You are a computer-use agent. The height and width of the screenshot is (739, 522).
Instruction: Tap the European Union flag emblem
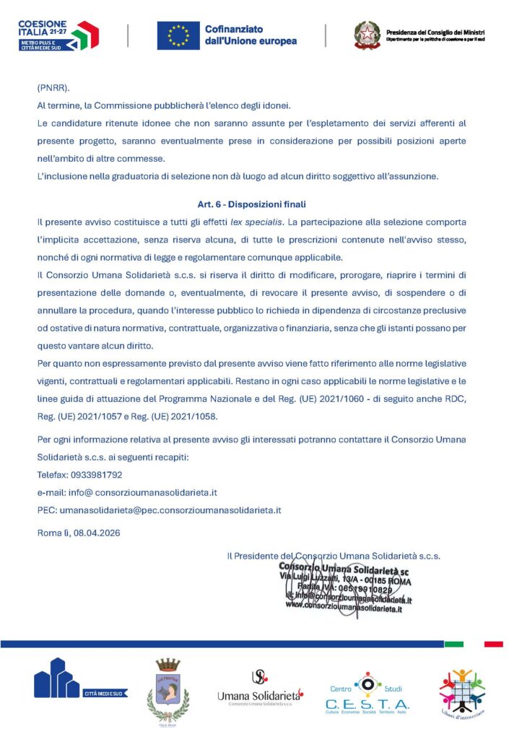pos(178,35)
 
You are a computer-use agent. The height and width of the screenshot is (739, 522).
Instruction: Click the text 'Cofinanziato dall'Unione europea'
pos(251,35)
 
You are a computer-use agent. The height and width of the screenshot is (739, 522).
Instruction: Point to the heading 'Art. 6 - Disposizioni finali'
pos(251,204)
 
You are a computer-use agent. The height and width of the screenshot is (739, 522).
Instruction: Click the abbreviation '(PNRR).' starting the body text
pos(53,88)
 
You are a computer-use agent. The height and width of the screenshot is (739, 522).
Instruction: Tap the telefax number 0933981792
pos(97,475)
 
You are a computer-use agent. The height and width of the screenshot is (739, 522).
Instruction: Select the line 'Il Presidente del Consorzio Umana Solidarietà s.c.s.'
pos(334,556)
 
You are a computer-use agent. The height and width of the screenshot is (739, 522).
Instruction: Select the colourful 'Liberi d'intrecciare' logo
pos(462,691)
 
